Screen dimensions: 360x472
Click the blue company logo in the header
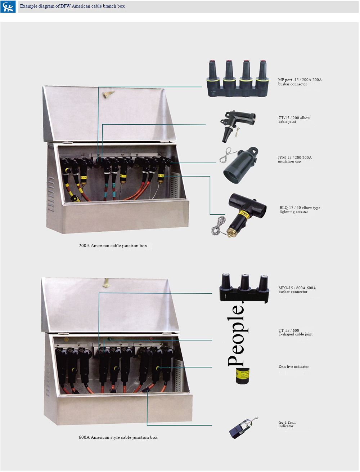(x=8, y=7)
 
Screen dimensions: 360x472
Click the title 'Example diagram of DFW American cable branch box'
(x=72, y=6)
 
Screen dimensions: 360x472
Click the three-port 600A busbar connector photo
(x=244, y=288)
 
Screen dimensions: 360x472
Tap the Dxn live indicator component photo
(x=243, y=376)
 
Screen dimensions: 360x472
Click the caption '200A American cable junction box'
(x=113, y=246)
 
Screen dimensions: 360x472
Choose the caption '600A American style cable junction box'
(x=118, y=437)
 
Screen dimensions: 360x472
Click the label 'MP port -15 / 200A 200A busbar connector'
(x=300, y=82)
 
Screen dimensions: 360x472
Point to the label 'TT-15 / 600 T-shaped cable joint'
(x=295, y=332)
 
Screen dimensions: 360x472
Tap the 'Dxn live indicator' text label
(x=293, y=366)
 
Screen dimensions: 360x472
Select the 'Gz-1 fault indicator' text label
(x=287, y=424)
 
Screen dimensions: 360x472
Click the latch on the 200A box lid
(x=108, y=94)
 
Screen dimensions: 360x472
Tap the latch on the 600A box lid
(x=107, y=283)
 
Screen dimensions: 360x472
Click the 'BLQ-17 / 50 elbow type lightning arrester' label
(x=300, y=210)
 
